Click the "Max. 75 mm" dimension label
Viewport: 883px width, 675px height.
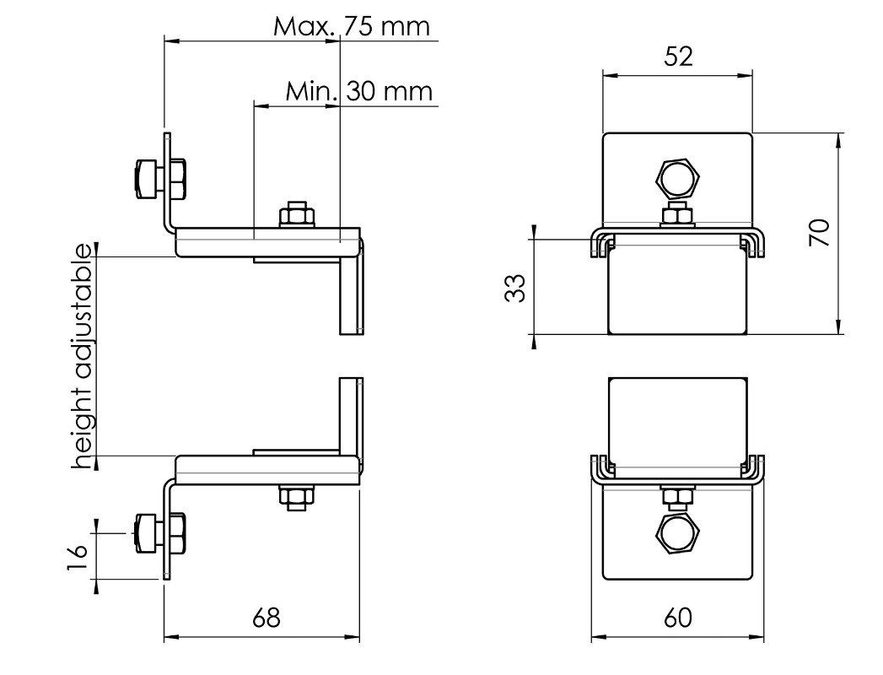pos(352,26)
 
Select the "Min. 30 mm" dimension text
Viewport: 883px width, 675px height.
pos(358,91)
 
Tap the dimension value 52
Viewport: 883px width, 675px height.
pos(678,57)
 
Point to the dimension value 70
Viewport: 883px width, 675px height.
pos(820,232)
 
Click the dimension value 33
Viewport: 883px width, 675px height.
pos(514,288)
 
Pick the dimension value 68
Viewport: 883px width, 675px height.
pos(266,618)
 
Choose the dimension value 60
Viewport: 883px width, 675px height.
pos(677,618)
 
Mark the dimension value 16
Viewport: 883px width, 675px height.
pos(77,557)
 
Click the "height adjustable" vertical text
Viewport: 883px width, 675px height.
pos(83,356)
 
